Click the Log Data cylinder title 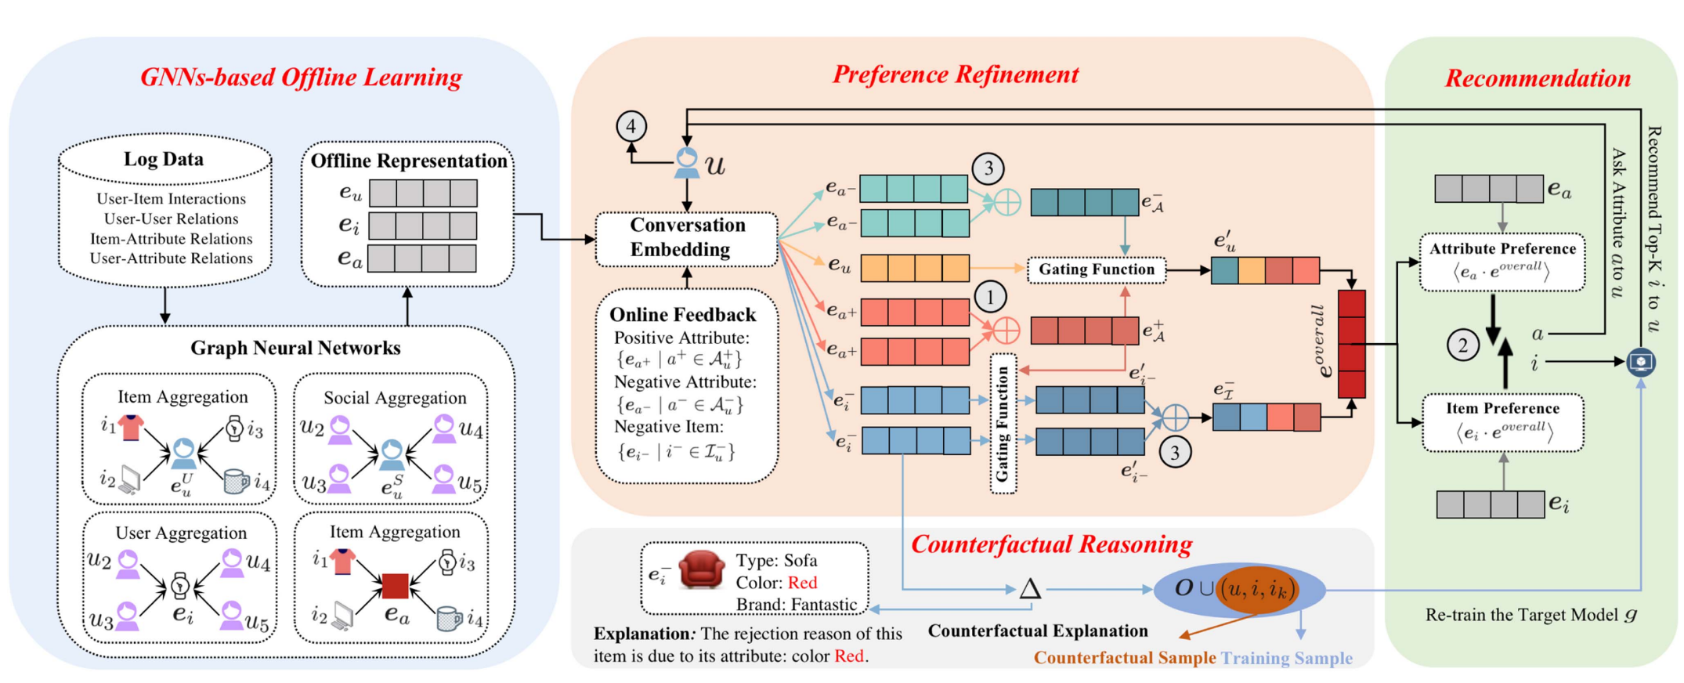coord(164,159)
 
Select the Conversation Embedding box coord(686,237)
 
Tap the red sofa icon coord(701,569)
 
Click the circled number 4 coord(631,126)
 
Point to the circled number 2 coord(1462,345)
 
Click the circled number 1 coord(990,297)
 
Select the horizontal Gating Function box coord(1096,269)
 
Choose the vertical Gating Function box coord(1003,424)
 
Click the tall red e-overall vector coord(1351,344)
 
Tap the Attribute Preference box coord(1502,262)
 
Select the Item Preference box coord(1502,422)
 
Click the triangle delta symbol coord(1029,589)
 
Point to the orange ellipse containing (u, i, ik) coord(1256,589)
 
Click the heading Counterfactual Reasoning coord(1051,544)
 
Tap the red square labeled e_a coord(395,586)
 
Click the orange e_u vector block coord(914,268)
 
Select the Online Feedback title coord(682,314)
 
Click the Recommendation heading coord(1537,78)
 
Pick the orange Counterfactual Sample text coord(1124,657)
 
